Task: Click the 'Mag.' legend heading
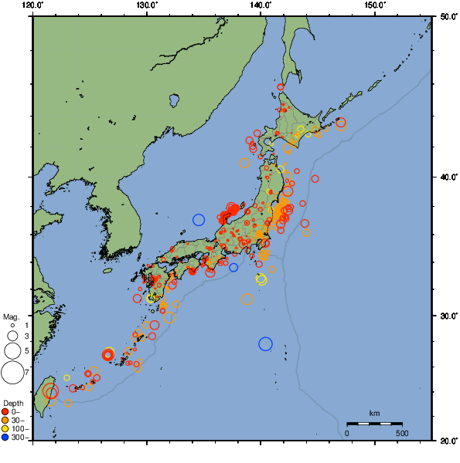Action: click(11, 316)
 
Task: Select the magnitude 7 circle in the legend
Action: click(12, 373)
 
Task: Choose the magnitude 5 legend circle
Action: click(12, 350)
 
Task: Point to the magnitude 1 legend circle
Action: click(12, 326)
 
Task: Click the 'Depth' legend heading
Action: click(12, 404)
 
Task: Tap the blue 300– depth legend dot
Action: click(5, 438)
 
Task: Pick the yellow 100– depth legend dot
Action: click(5, 428)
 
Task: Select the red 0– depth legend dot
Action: click(5, 411)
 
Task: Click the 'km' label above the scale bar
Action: click(374, 414)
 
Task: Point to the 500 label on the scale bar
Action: click(402, 433)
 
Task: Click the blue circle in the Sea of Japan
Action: click(199, 220)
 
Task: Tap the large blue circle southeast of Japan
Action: click(266, 343)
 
